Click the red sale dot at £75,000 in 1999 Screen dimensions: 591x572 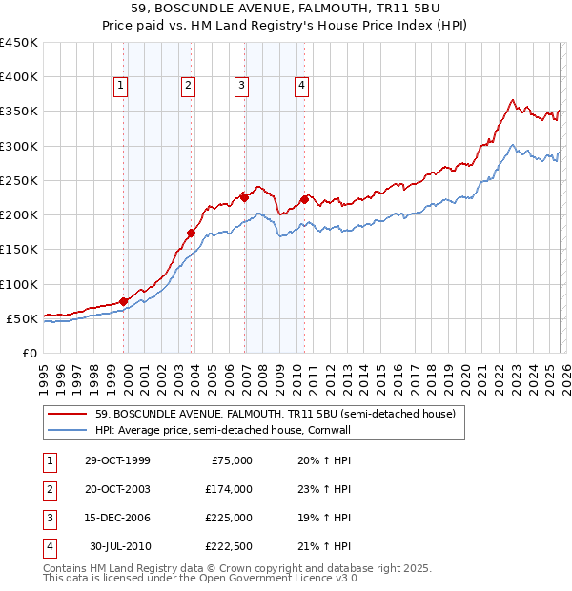pos(124,301)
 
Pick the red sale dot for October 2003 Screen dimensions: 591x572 pos(192,233)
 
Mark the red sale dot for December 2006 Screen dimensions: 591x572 pos(244,197)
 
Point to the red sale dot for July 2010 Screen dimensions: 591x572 pos(305,199)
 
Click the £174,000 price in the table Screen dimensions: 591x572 pos(229,489)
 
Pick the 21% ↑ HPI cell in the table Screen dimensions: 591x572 pos(324,546)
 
